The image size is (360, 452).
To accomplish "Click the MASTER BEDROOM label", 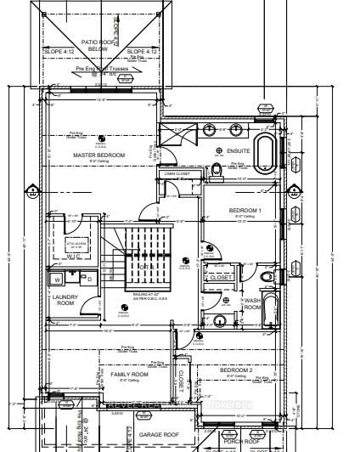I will [98, 155].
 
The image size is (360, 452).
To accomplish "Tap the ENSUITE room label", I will [239, 150].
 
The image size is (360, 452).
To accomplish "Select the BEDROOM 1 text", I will [245, 210].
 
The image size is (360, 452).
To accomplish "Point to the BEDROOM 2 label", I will [237, 371].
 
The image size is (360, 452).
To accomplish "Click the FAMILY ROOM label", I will [129, 374].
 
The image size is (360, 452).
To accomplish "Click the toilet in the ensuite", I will [218, 171].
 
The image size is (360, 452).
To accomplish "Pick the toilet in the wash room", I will [268, 277].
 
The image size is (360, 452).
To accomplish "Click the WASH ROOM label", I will [252, 303].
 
